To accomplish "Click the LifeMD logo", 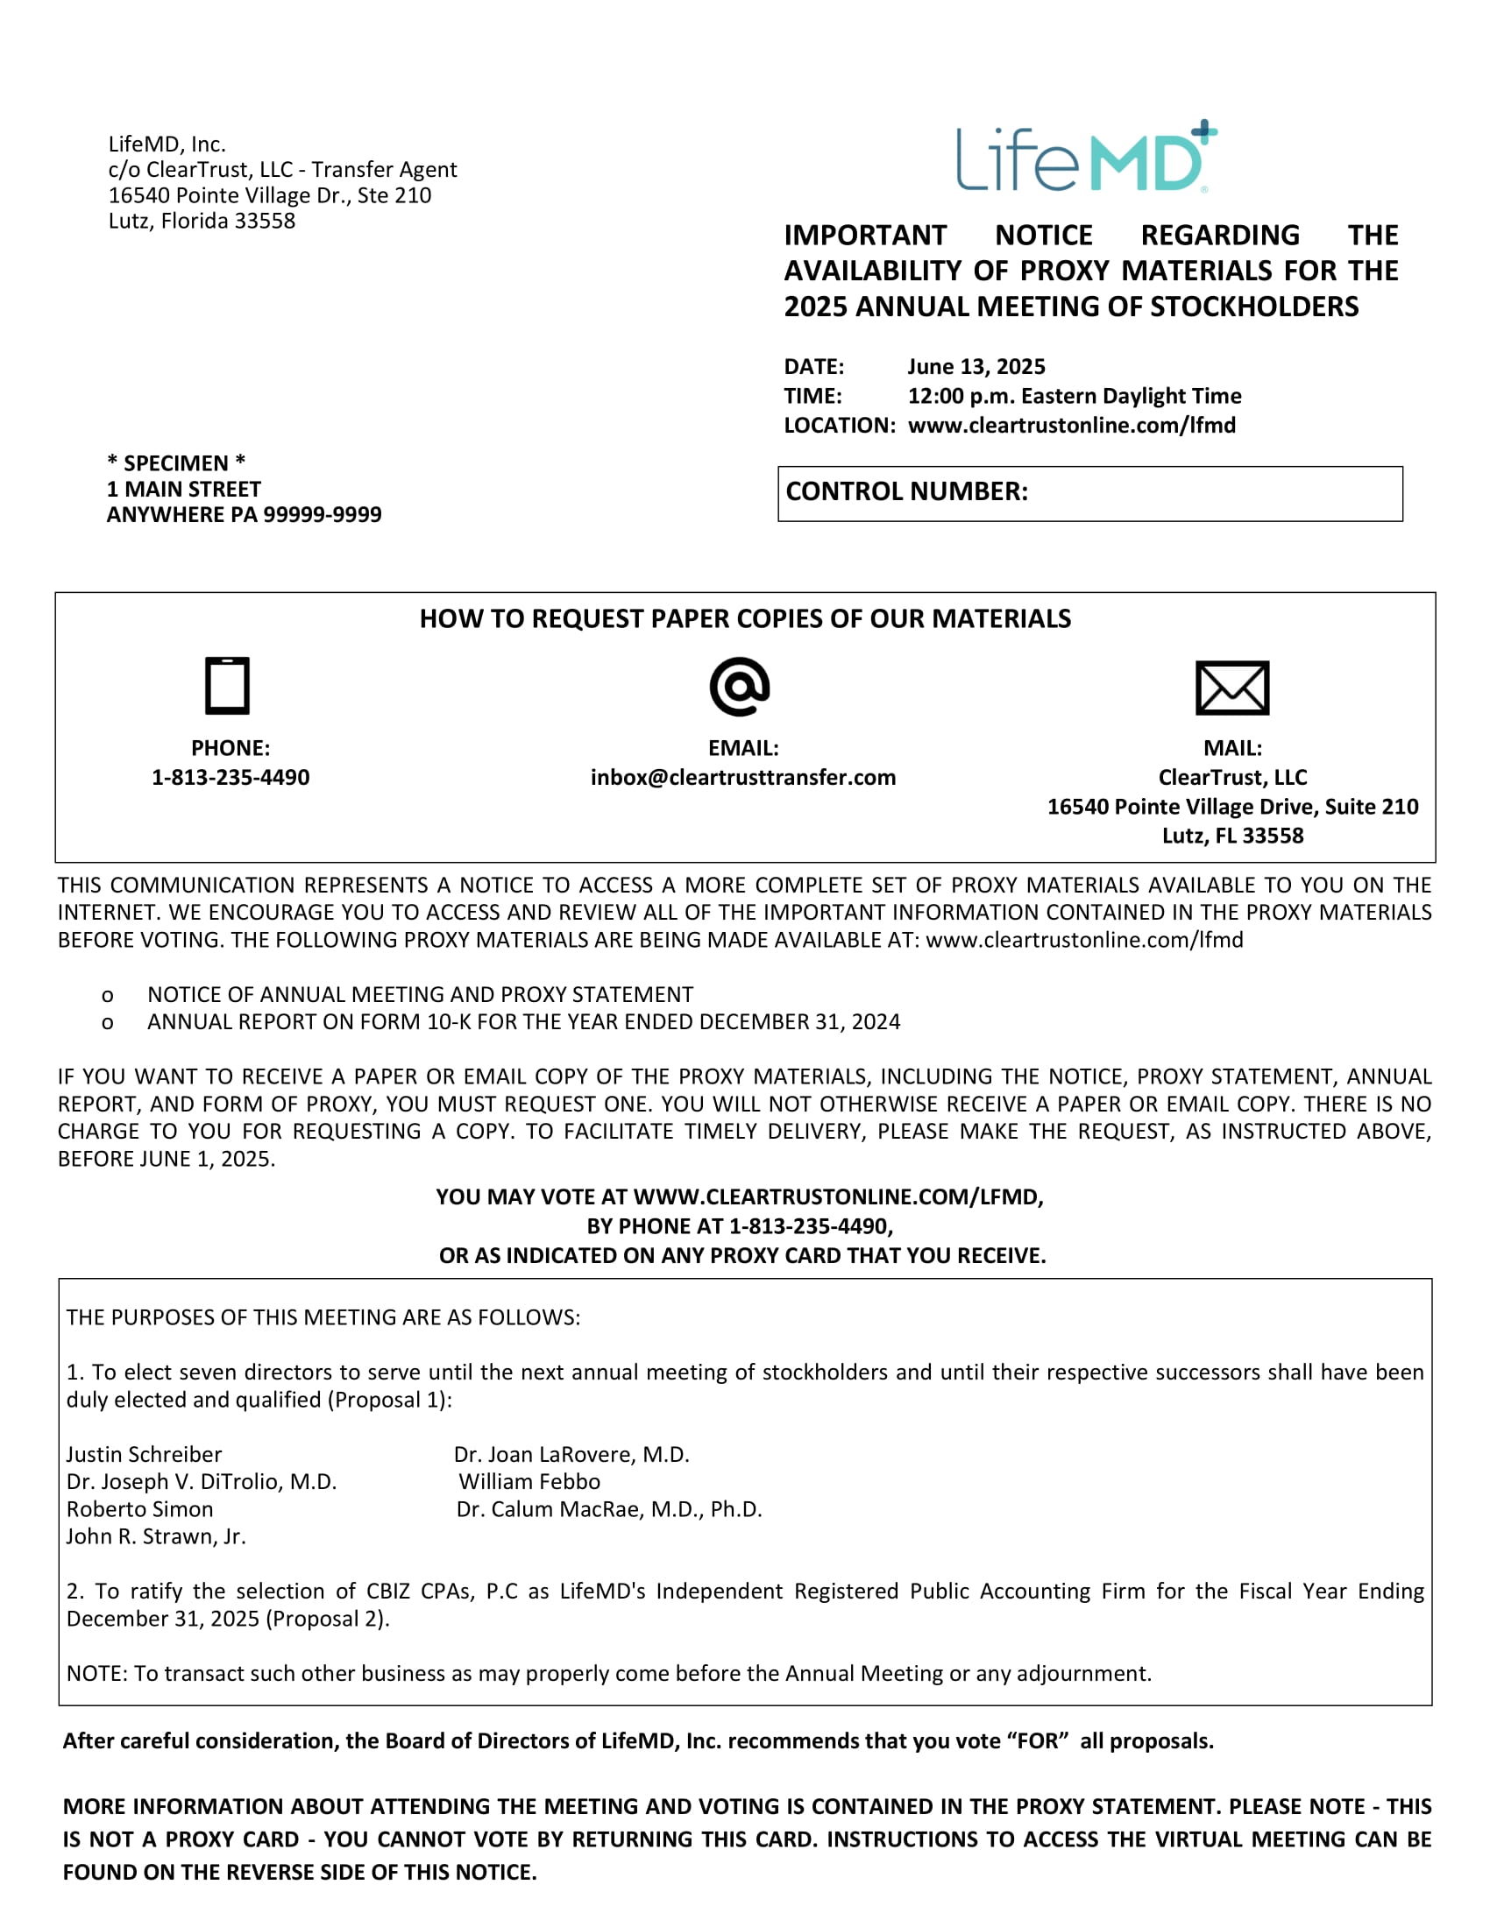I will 1087,158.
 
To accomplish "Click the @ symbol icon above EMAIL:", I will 740,686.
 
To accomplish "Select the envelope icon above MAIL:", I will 1232,688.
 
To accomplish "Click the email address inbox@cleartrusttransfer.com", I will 743,777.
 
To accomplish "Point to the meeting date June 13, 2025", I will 976,366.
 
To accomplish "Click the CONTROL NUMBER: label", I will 907,491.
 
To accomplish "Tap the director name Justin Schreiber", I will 144,1454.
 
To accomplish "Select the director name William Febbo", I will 529,1481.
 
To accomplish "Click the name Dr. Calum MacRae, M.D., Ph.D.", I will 609,1509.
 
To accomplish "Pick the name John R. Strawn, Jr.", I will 156,1536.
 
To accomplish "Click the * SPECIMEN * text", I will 176,463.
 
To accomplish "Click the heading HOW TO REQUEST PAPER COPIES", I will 745,618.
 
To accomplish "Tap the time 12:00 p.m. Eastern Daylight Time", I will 1075,395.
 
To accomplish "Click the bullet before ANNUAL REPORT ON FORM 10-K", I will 108,1022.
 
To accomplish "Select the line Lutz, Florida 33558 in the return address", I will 202,221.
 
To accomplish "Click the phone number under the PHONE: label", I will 231,777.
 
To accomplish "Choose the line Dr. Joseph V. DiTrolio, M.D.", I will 202,1481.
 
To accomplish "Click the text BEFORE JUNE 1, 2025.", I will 167,1159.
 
